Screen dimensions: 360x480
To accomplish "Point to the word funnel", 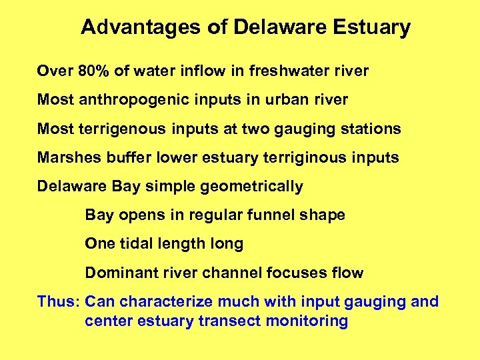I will point(273,215).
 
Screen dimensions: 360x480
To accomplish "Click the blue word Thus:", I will point(59,301).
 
